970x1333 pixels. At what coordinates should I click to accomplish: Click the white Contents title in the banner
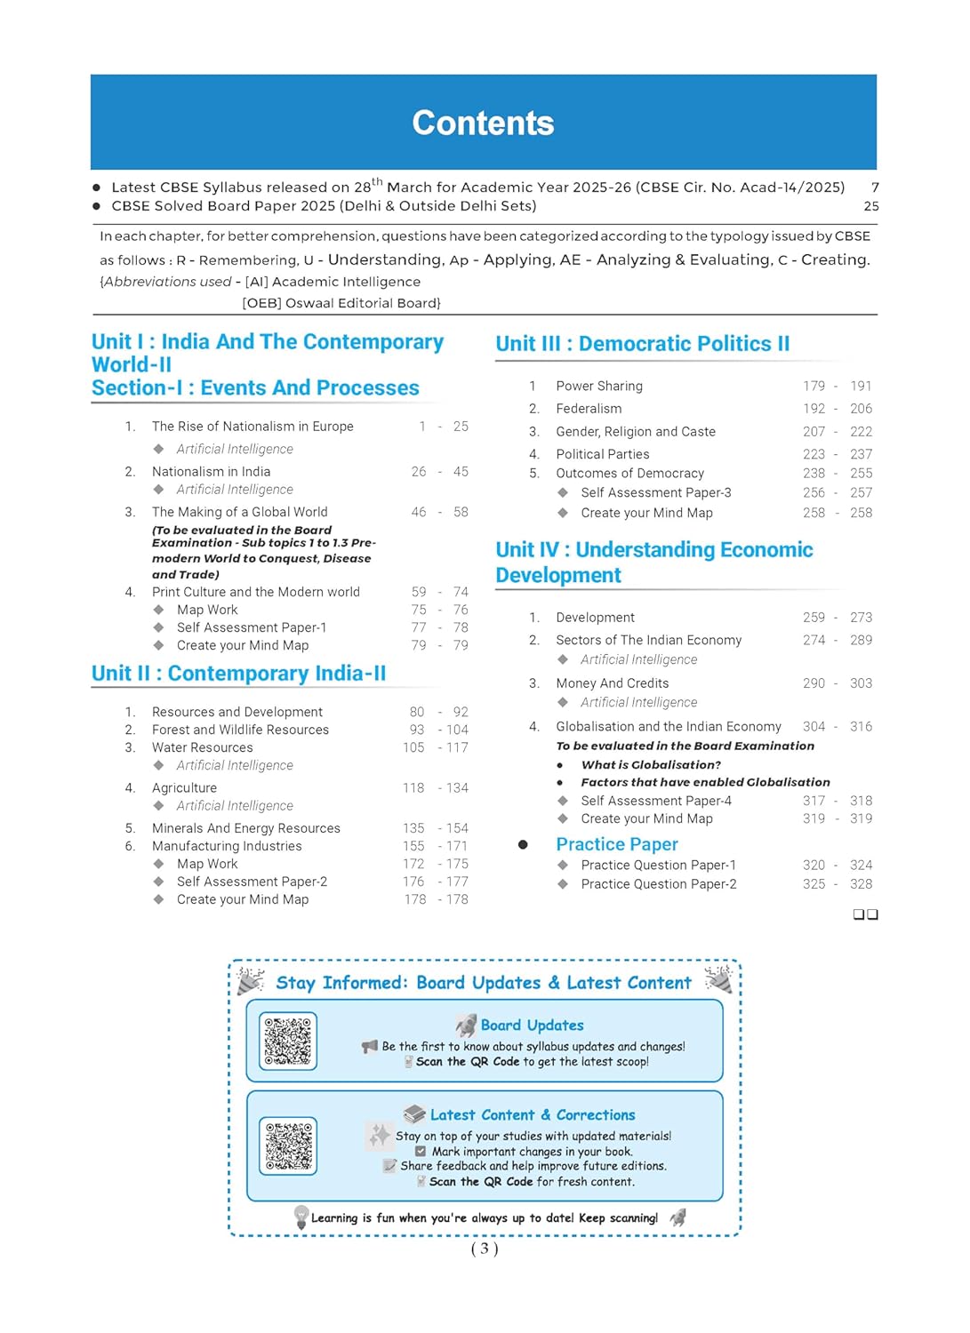[483, 124]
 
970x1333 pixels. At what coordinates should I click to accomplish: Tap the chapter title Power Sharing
[599, 386]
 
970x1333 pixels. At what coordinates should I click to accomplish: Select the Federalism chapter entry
[589, 409]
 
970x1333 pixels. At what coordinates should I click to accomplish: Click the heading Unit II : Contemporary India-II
[238, 674]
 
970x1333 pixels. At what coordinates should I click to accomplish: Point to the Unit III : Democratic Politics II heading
[642, 344]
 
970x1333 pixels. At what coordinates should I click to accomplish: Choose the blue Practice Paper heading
[617, 844]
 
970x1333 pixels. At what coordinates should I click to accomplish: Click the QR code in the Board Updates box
[288, 1041]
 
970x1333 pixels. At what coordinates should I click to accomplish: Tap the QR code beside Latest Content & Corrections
[288, 1146]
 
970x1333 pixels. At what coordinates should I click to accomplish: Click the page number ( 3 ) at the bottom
[485, 1249]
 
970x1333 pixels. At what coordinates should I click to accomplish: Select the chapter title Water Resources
[202, 747]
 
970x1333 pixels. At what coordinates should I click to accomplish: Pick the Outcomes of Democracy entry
[629, 474]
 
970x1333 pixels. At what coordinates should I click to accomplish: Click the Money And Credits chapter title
[613, 683]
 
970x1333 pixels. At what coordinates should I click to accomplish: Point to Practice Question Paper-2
[659, 884]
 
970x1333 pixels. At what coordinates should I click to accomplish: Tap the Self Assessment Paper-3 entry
[656, 492]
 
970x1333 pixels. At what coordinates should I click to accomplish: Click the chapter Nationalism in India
[211, 472]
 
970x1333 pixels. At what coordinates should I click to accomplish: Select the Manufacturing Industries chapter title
[227, 846]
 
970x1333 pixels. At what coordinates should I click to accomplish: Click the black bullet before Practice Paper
[523, 844]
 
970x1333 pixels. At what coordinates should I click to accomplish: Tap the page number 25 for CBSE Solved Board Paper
[871, 206]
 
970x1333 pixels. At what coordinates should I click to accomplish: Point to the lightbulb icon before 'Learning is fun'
[301, 1216]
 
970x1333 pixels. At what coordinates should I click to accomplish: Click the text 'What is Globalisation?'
[651, 765]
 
